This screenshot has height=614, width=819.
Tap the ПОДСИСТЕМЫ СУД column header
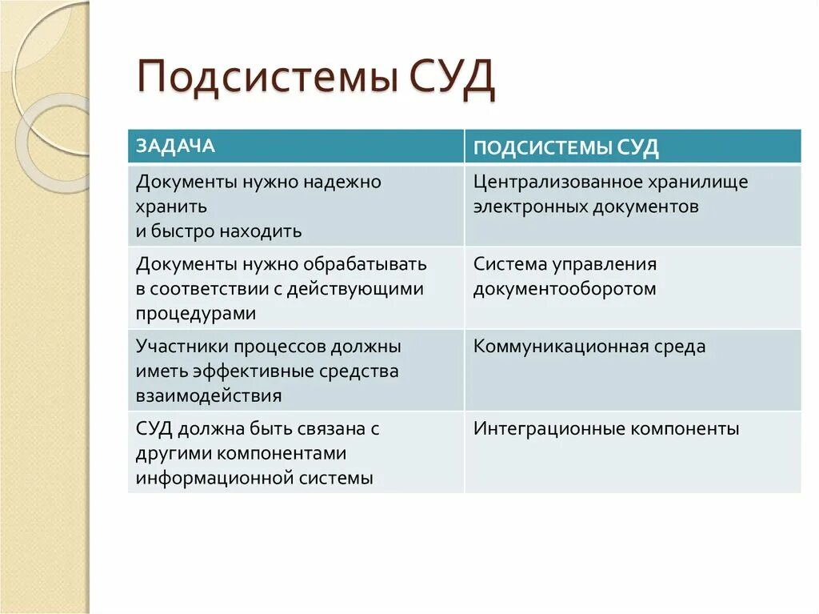565,148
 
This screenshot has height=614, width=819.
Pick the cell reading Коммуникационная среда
589,347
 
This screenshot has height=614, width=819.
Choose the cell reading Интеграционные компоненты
606,429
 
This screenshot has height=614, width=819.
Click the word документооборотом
564,289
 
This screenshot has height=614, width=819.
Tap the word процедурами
196,314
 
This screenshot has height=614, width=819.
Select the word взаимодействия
209,396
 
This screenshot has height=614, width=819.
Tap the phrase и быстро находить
218,231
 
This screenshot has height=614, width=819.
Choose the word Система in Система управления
509,264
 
